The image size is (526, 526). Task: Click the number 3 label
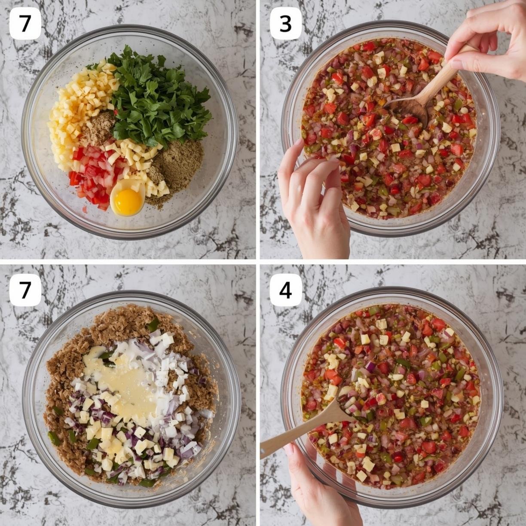click(285, 24)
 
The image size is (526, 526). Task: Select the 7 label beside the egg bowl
click(25, 24)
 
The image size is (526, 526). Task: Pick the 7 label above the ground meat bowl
click(25, 290)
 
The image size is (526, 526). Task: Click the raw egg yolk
click(128, 202)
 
